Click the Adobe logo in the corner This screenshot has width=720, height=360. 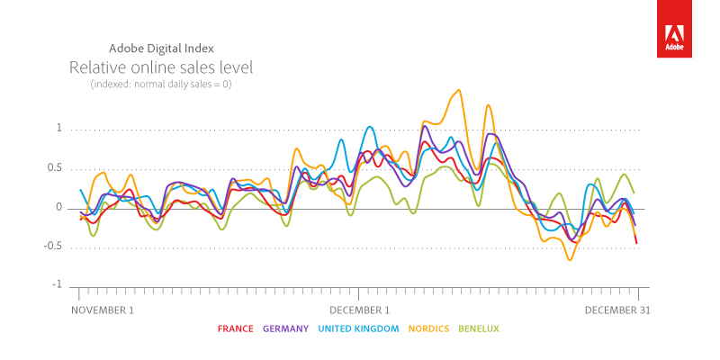(x=673, y=29)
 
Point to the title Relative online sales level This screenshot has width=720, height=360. (x=161, y=67)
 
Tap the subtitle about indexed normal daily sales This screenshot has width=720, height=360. (x=161, y=84)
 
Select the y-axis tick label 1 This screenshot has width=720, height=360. (x=58, y=129)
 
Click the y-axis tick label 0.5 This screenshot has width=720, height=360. (x=55, y=168)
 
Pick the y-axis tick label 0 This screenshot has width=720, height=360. (x=58, y=208)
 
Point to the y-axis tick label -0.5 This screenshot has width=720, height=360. (x=54, y=247)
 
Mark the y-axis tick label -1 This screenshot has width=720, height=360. (x=57, y=285)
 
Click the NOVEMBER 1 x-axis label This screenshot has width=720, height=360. (x=102, y=310)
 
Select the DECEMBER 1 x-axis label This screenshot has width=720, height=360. (x=358, y=310)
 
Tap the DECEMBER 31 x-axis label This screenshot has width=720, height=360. (x=616, y=310)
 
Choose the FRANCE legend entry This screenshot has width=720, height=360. (x=236, y=329)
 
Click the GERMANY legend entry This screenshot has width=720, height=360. (x=286, y=329)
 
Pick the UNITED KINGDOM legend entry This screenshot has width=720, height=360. (x=358, y=329)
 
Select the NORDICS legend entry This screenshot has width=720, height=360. (x=428, y=329)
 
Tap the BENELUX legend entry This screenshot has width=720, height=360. (x=479, y=329)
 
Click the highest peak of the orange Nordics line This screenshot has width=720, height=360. (x=459, y=90)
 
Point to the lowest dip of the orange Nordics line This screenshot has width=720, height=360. (x=569, y=260)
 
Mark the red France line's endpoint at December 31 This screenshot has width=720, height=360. (x=637, y=243)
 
